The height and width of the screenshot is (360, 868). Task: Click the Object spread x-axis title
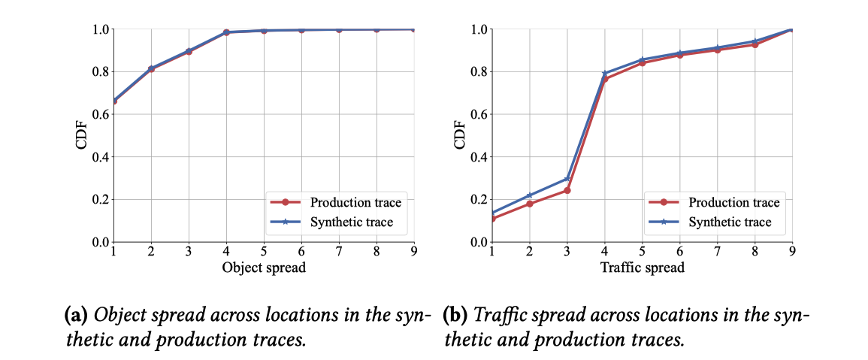point(263,268)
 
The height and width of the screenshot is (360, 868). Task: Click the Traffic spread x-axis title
point(642,268)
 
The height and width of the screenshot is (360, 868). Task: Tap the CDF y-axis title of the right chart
point(461,135)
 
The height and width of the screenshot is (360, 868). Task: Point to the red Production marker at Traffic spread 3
point(567,190)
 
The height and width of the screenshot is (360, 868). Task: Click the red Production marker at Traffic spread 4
point(604,79)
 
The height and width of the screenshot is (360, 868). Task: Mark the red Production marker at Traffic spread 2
point(529,204)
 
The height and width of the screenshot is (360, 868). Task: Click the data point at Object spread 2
point(151,69)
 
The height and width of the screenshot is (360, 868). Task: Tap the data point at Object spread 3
point(189,51)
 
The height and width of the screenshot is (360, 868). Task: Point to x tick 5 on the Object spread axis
point(264,250)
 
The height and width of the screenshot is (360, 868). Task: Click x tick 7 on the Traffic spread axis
point(717,250)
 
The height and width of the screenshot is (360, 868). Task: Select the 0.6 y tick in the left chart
point(101,114)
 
